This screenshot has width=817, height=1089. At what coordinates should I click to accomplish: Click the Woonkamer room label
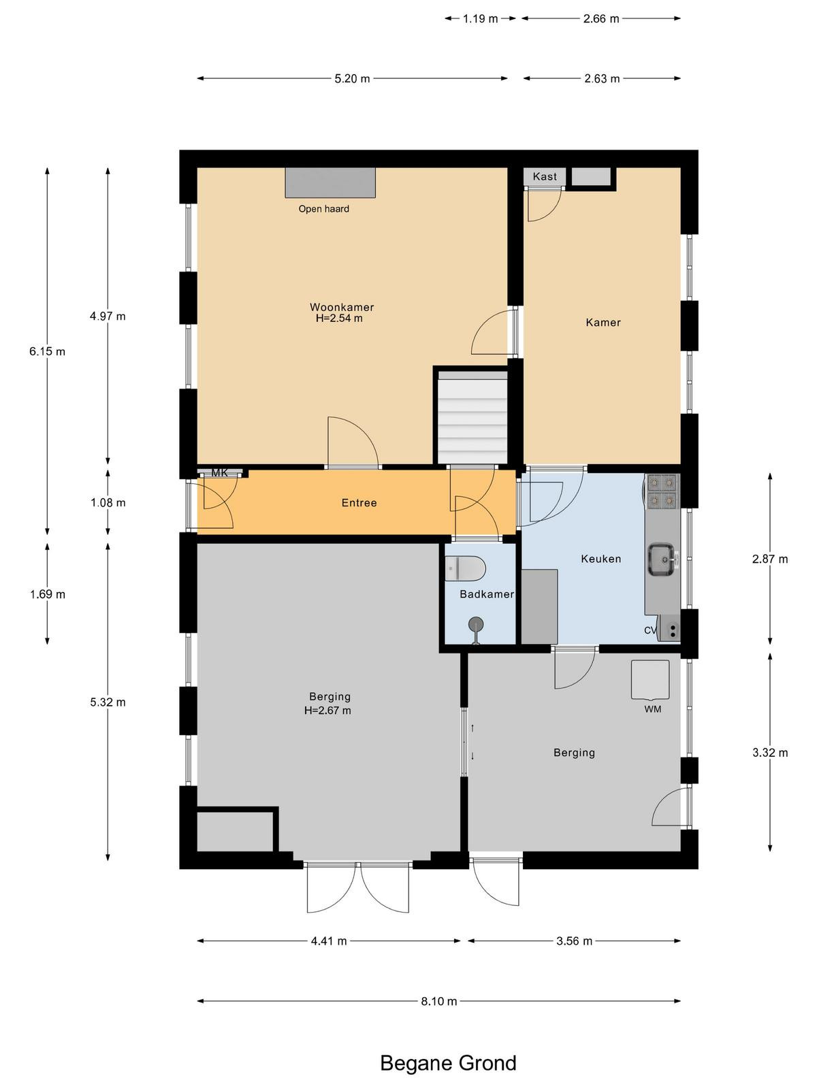tap(342, 307)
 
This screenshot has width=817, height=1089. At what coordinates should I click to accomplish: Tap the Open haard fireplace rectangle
tap(330, 182)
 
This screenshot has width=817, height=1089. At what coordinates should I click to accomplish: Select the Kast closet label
tap(545, 176)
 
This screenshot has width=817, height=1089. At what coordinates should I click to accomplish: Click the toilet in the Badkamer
tap(465, 568)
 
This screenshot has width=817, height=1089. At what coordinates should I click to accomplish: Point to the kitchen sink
tap(662, 559)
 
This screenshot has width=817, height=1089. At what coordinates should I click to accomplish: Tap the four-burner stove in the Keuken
tap(662, 491)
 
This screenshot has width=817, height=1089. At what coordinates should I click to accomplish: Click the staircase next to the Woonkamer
tap(472, 418)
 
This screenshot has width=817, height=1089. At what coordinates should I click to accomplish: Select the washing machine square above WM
tap(650, 679)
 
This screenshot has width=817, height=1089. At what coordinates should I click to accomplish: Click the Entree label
tap(359, 502)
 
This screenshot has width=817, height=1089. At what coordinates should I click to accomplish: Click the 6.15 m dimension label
tap(47, 351)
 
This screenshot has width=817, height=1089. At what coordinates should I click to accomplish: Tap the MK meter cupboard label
tap(220, 473)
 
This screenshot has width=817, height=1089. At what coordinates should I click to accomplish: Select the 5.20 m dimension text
tap(352, 78)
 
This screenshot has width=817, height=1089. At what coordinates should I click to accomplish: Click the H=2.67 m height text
tap(328, 710)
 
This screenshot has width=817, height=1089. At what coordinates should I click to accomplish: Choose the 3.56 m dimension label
tap(575, 941)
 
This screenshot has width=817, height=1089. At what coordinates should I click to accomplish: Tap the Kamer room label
tap(603, 323)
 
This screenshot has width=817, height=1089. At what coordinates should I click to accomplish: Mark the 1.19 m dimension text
tap(480, 19)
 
